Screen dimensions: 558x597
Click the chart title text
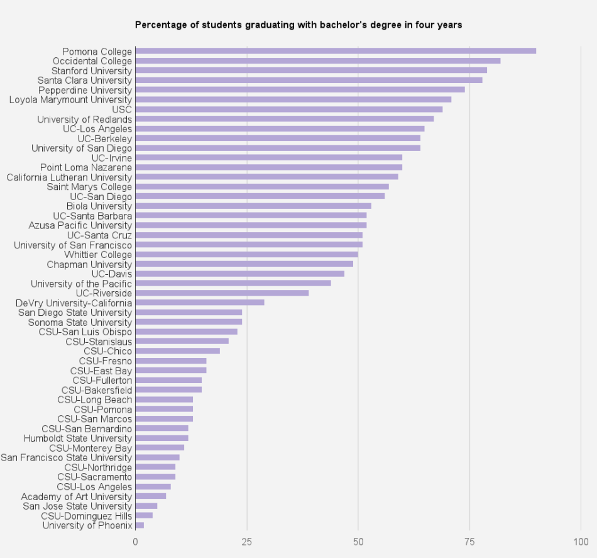tap(298, 25)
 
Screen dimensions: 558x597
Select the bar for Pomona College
tap(336, 51)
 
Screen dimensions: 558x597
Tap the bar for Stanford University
tap(311, 70)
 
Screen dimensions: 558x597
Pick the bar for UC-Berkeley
tap(278, 138)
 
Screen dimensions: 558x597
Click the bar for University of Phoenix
tap(140, 525)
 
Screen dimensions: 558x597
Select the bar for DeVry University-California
tap(200, 303)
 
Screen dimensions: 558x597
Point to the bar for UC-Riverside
tap(222, 293)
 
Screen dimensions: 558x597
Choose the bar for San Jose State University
tap(146, 506)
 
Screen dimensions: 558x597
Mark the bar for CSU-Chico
tap(178, 351)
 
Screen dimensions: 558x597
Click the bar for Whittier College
tap(246, 254)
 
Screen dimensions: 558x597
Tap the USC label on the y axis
tap(122, 109)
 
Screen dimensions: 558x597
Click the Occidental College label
tap(92, 61)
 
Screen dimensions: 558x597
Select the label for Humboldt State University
tap(78, 438)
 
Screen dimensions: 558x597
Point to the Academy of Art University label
tap(77, 496)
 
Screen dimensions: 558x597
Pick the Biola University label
tap(99, 206)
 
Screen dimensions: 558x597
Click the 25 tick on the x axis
tap(247, 541)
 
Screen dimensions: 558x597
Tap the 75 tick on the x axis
tap(469, 541)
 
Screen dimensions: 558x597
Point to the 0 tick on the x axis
tap(136, 541)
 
